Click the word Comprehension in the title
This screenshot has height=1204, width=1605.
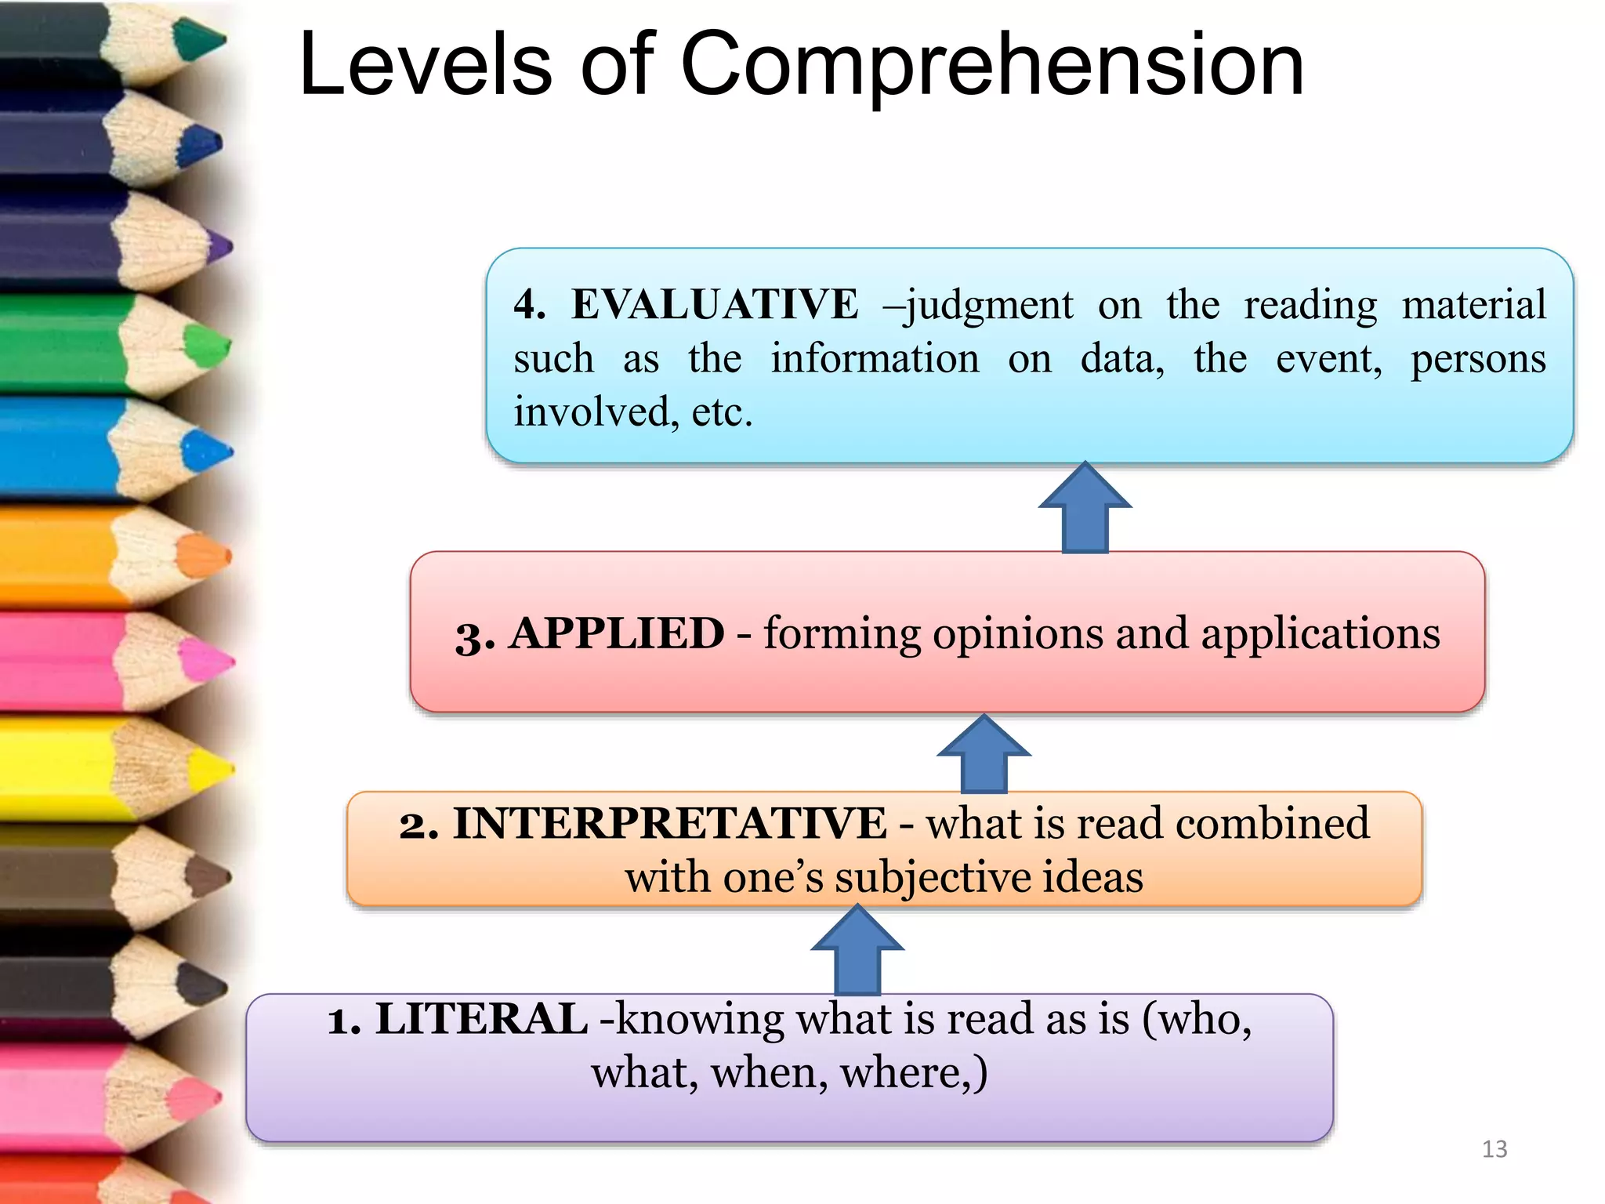click(991, 67)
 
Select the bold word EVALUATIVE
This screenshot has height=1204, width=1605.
click(714, 304)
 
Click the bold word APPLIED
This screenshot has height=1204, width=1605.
click(617, 633)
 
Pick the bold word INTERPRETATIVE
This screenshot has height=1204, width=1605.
click(669, 824)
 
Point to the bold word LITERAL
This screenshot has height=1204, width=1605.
click(481, 1019)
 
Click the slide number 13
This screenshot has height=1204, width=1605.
click(1494, 1149)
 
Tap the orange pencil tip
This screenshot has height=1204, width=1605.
click(205, 557)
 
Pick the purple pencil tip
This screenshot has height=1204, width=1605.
click(219, 247)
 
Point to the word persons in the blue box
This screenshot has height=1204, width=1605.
click(1478, 360)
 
